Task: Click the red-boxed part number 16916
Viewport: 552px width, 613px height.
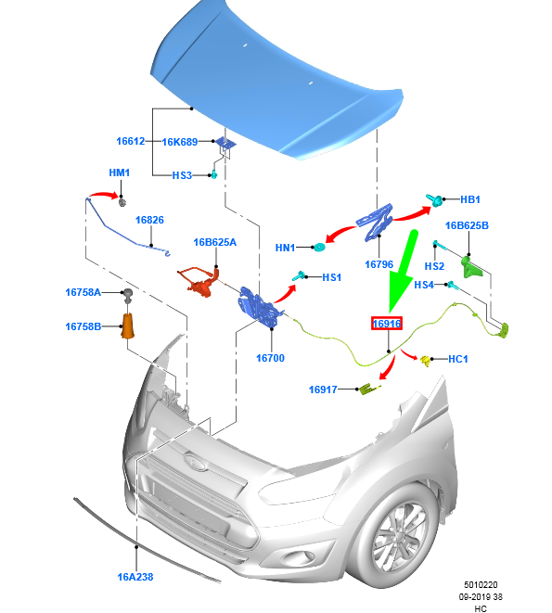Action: [x=387, y=324]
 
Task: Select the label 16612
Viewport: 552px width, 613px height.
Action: [x=131, y=141]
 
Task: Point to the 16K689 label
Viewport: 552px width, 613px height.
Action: [x=180, y=142]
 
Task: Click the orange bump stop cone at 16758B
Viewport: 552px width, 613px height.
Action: [x=127, y=326]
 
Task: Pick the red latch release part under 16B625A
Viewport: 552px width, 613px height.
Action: [x=199, y=280]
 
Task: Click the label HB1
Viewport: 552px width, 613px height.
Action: [x=469, y=199]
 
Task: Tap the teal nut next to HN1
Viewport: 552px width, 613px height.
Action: [x=320, y=248]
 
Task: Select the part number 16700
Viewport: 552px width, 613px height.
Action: [x=270, y=358]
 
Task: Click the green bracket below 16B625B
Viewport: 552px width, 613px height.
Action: [x=472, y=267]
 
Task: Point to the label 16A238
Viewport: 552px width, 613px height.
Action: [x=135, y=577]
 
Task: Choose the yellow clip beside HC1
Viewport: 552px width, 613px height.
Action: [x=425, y=361]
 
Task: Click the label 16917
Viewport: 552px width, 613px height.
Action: [x=323, y=390]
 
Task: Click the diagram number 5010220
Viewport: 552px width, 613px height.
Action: [x=481, y=585]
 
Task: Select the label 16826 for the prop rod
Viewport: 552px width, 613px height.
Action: [x=149, y=220]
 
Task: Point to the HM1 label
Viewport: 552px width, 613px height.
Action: [x=120, y=172]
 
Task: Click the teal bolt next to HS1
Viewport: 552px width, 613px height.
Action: [x=300, y=276]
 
